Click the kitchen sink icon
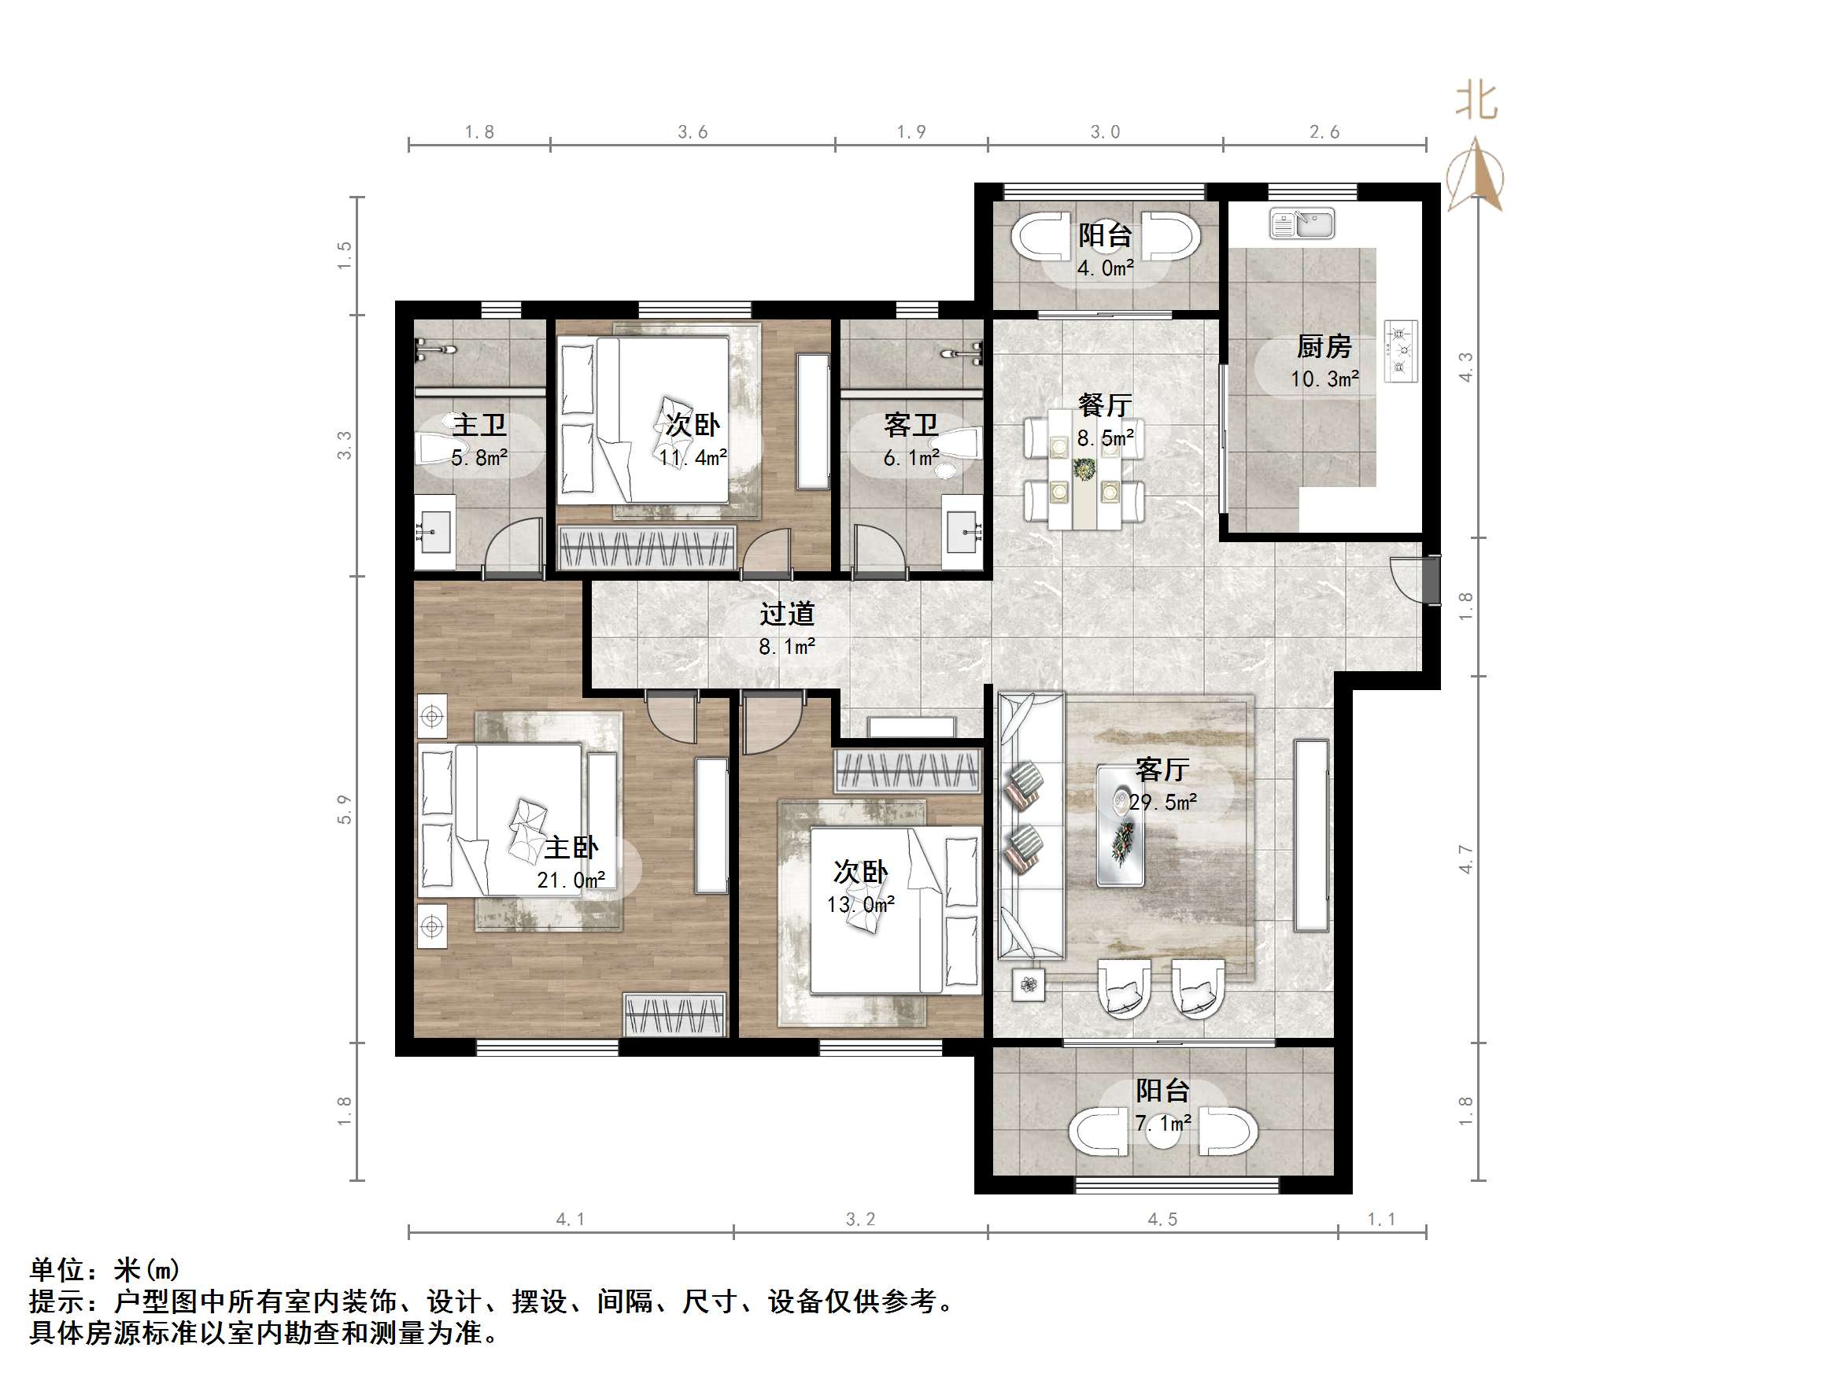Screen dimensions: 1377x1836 (x=1302, y=224)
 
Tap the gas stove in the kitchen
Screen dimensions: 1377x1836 (x=1401, y=351)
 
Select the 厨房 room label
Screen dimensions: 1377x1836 (x=1324, y=346)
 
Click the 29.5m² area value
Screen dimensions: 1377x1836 (x=1162, y=802)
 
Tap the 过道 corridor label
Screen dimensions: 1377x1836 (x=787, y=615)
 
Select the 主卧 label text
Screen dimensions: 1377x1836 (x=571, y=847)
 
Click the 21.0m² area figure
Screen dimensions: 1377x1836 (x=571, y=880)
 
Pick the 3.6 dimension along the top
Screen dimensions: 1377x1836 (x=693, y=132)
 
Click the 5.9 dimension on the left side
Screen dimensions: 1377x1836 (x=345, y=809)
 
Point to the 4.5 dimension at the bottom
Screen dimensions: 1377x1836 (x=1162, y=1220)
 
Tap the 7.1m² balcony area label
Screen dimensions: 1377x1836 (x=1162, y=1124)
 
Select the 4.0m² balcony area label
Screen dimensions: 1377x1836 (x=1105, y=268)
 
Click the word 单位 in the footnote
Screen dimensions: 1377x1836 (x=57, y=1270)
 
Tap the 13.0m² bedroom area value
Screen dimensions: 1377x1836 (x=860, y=904)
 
